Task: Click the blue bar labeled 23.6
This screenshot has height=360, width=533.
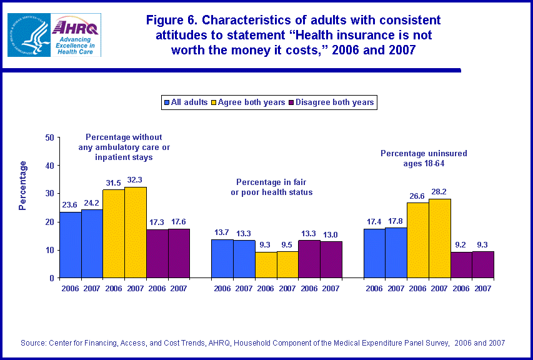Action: tap(70, 244)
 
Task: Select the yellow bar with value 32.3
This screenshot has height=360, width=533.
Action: tap(136, 232)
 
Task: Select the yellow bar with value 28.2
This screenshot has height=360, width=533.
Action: tap(439, 238)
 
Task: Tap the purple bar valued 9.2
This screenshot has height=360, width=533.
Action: tap(461, 265)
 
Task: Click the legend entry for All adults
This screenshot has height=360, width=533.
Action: tap(186, 102)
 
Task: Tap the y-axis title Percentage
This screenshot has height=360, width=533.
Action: tap(23, 185)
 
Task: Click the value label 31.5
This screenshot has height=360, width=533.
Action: tap(114, 182)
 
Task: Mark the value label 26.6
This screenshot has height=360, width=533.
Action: tap(417, 196)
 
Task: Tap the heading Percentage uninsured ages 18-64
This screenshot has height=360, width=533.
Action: tap(424, 157)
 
